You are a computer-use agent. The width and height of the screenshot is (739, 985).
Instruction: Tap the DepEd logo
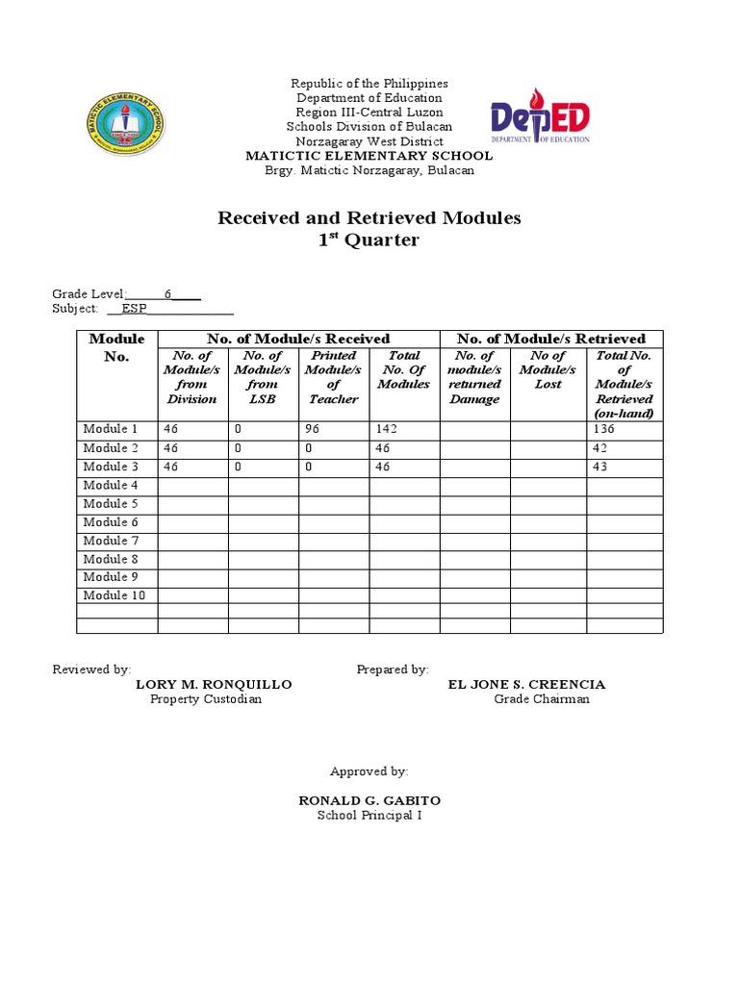540,121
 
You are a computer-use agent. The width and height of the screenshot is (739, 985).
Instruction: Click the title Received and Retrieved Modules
369,218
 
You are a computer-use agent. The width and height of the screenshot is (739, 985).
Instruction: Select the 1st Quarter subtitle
369,240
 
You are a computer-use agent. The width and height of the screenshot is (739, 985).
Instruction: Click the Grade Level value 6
167,294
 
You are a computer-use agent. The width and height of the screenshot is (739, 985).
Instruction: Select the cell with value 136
604,429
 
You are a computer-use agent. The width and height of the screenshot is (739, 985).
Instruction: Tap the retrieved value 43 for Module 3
602,467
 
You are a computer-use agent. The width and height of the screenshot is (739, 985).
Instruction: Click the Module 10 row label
109,595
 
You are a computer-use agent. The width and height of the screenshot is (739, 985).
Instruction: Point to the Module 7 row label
105,541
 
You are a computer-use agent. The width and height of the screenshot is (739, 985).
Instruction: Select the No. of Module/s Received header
298,339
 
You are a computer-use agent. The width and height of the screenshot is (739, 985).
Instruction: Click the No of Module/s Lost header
548,369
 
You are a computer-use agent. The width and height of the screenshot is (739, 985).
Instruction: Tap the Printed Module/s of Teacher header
334,377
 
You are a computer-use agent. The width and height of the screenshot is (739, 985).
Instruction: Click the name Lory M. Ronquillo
214,685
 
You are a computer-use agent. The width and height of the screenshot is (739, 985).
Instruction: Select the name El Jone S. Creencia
527,685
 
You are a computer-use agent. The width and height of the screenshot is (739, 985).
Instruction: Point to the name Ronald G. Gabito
369,801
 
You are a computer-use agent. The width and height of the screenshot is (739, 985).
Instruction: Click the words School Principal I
369,816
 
